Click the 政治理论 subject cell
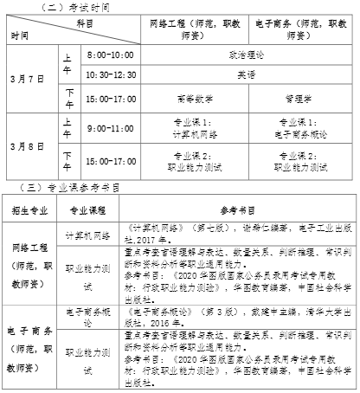click(x=246, y=54)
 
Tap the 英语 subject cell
click(x=246, y=74)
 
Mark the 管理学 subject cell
click(x=303, y=99)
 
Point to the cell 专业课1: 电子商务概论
click(x=303, y=127)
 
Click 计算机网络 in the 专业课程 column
click(x=87, y=234)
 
